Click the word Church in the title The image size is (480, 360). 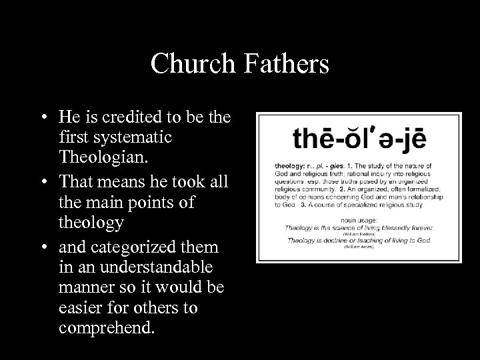(x=191, y=64)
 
